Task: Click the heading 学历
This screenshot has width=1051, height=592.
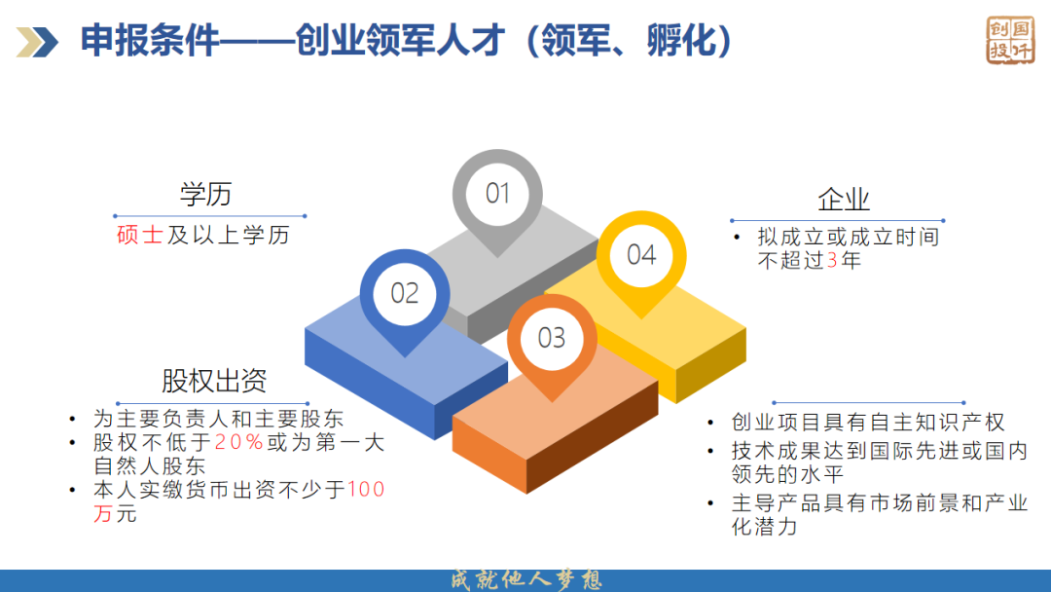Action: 205,195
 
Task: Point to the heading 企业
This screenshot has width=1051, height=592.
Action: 843,200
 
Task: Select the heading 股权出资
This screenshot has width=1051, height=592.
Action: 214,381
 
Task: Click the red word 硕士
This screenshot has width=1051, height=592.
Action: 139,235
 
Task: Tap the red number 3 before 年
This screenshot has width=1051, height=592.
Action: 832,260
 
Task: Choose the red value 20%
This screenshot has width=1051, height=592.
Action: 238,442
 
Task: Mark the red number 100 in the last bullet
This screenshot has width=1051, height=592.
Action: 366,490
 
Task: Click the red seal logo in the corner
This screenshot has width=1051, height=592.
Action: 1010,40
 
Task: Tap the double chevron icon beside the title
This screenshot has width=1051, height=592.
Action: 38,42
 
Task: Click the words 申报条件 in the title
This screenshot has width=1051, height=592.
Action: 150,40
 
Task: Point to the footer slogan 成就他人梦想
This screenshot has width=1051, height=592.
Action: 525,580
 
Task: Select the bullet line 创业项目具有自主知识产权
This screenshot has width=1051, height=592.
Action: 868,423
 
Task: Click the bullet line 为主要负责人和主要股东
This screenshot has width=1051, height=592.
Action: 219,419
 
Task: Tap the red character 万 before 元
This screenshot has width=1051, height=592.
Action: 102,513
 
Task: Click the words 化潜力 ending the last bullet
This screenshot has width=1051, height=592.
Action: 764,527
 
